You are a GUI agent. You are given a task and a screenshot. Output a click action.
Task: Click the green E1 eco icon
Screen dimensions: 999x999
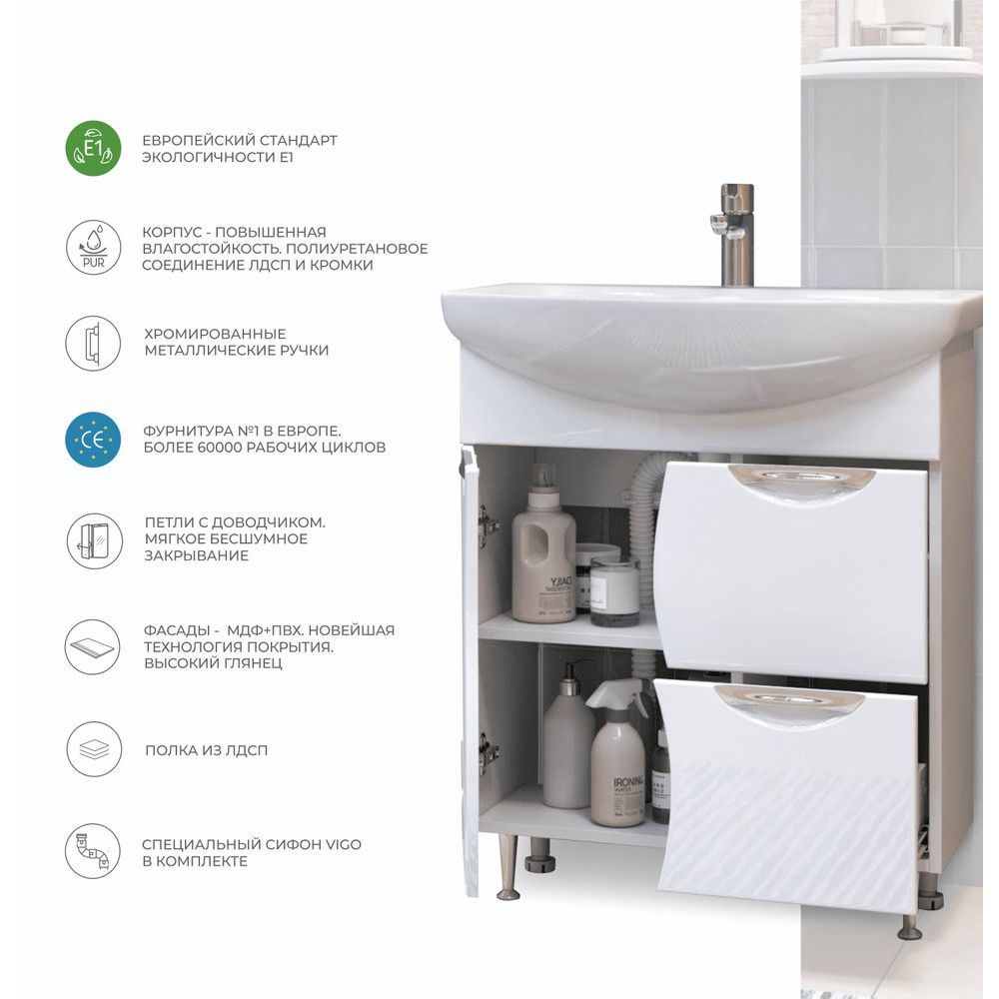click(93, 148)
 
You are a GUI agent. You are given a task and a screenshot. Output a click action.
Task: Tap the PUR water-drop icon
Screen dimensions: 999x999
click(93, 247)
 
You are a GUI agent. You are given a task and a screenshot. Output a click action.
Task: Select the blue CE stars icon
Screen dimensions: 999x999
click(93, 440)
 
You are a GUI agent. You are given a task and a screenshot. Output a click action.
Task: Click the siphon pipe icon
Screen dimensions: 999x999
click(93, 851)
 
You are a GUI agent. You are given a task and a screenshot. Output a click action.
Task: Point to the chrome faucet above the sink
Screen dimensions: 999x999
click(735, 235)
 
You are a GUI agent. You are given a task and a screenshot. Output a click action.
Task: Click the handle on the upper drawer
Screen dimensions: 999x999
click(801, 485)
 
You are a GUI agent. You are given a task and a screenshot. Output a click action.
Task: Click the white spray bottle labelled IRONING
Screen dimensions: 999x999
click(617, 753)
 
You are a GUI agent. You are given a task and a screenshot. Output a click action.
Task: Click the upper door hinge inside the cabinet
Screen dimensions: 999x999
click(489, 521)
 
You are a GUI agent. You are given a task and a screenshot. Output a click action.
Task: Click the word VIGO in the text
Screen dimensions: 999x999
click(344, 844)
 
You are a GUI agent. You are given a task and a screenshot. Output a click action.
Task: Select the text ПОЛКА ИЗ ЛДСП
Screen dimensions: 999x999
click(207, 750)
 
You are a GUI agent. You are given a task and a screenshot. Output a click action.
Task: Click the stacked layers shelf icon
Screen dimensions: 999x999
click(93, 749)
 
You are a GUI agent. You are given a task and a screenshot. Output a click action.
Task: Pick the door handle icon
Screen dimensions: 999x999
click(93, 343)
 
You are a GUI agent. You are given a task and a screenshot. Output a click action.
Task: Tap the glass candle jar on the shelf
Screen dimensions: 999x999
click(614, 591)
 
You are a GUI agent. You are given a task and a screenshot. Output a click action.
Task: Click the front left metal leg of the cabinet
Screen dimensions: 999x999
click(507, 867)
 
